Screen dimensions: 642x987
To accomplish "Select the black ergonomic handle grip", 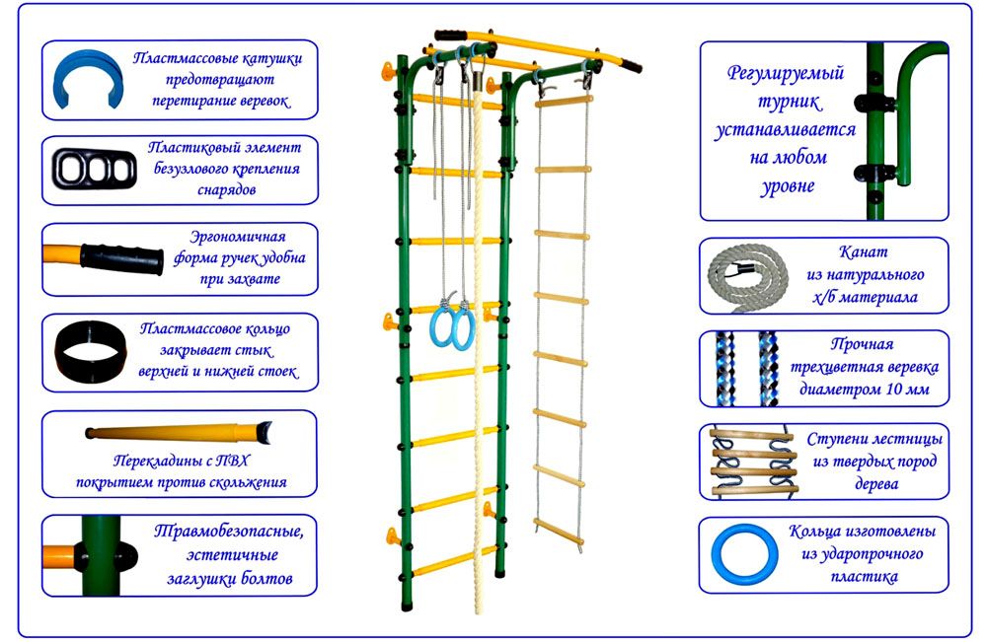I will point(121,258).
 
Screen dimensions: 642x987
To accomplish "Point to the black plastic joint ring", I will point(90,350).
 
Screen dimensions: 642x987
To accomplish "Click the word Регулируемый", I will point(784,73).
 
